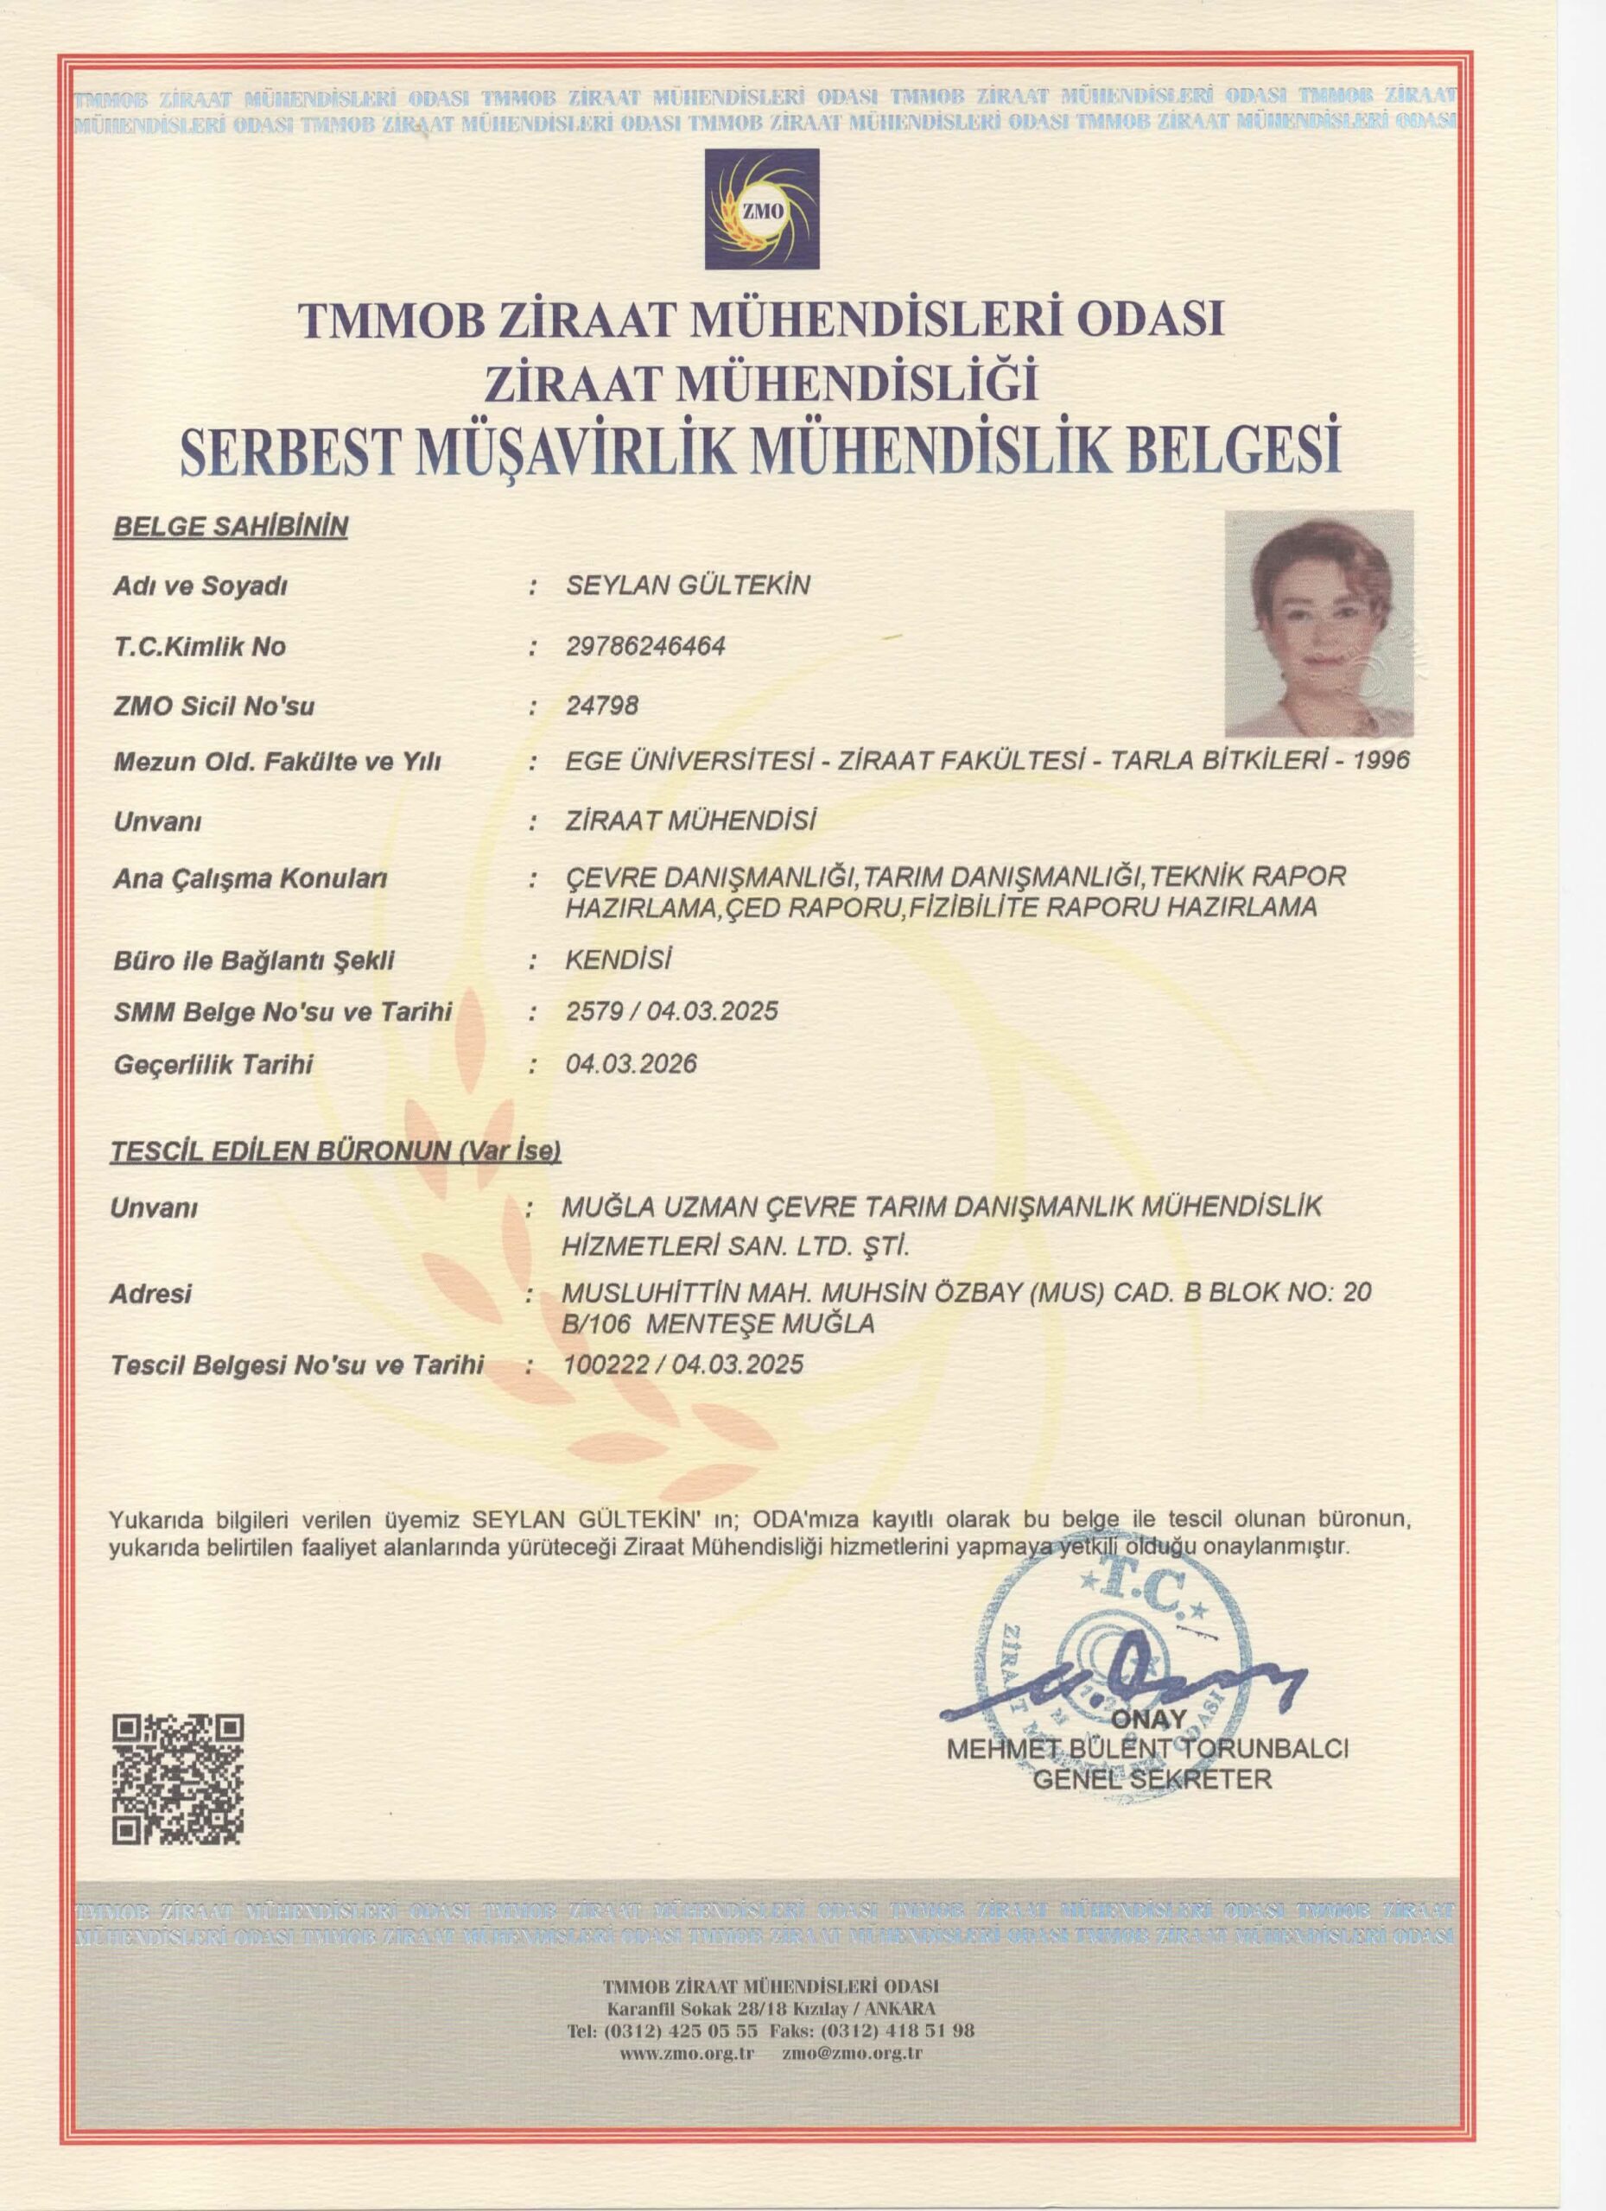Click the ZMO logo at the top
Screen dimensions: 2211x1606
tap(763, 209)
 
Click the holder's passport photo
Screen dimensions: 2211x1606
tap(1319, 623)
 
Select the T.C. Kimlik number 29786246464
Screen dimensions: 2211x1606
tap(645, 646)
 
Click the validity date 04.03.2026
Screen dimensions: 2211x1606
tap(631, 1063)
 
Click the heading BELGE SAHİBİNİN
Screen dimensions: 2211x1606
tap(232, 528)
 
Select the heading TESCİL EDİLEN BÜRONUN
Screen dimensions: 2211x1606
tap(336, 1152)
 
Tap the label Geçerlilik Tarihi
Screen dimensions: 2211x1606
tap(213, 1065)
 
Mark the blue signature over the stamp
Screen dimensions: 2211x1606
tap(1121, 1683)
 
